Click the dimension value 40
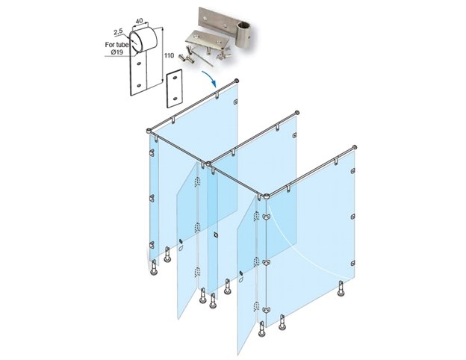[x=139, y=21]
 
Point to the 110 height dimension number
[x=169, y=55]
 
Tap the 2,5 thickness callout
[x=118, y=31]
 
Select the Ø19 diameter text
[x=117, y=52]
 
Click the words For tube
[x=116, y=45]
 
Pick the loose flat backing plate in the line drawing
[x=174, y=88]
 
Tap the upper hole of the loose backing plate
[x=175, y=78]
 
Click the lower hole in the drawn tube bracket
[x=138, y=86]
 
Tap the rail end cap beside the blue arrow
[x=237, y=81]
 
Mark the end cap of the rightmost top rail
[x=354, y=147]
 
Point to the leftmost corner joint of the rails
[x=149, y=131]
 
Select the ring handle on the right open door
[x=241, y=279]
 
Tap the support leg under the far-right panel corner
[x=341, y=288]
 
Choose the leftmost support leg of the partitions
[x=154, y=267]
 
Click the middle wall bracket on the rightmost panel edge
[x=352, y=217]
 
